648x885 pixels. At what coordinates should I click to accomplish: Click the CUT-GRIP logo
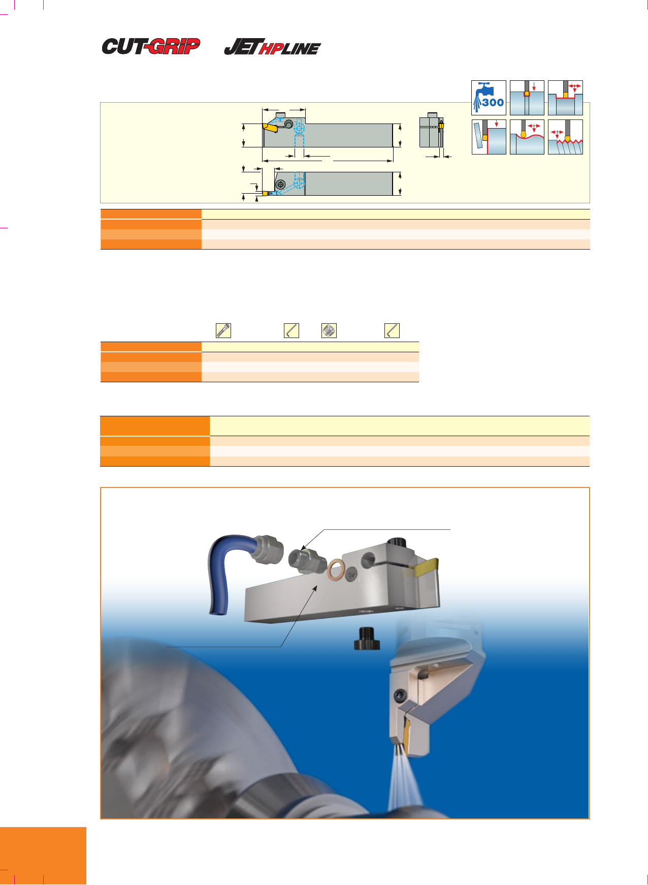click(151, 46)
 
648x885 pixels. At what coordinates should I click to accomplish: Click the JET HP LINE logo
click(273, 47)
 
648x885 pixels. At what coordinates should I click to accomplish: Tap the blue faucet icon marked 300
click(489, 98)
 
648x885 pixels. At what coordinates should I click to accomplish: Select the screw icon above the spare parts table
click(223, 330)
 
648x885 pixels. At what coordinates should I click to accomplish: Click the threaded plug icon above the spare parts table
click(329, 330)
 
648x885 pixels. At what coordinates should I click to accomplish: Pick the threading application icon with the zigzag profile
click(565, 137)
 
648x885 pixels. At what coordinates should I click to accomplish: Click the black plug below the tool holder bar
click(367, 638)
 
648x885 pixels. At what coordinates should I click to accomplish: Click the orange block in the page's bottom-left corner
click(43, 856)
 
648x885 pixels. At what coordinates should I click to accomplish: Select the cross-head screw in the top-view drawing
click(280, 185)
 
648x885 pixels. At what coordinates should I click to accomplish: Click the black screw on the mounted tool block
click(400, 694)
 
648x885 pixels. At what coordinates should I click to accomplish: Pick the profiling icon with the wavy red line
click(527, 137)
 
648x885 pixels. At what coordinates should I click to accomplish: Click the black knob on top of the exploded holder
click(398, 544)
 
